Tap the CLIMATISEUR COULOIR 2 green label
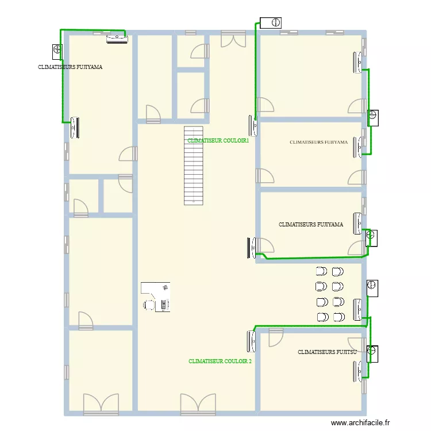coord(220,361)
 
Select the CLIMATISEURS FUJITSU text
coord(328,352)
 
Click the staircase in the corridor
coord(194,165)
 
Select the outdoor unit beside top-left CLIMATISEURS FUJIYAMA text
coord(57,51)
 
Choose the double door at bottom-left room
coord(101,404)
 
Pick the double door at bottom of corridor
coord(198,404)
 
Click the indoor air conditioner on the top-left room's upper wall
coord(117,39)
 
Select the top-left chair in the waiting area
coord(321,271)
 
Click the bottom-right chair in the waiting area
coord(338,317)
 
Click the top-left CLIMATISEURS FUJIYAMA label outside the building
coord(70,67)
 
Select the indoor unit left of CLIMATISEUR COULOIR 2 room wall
coord(252,341)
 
